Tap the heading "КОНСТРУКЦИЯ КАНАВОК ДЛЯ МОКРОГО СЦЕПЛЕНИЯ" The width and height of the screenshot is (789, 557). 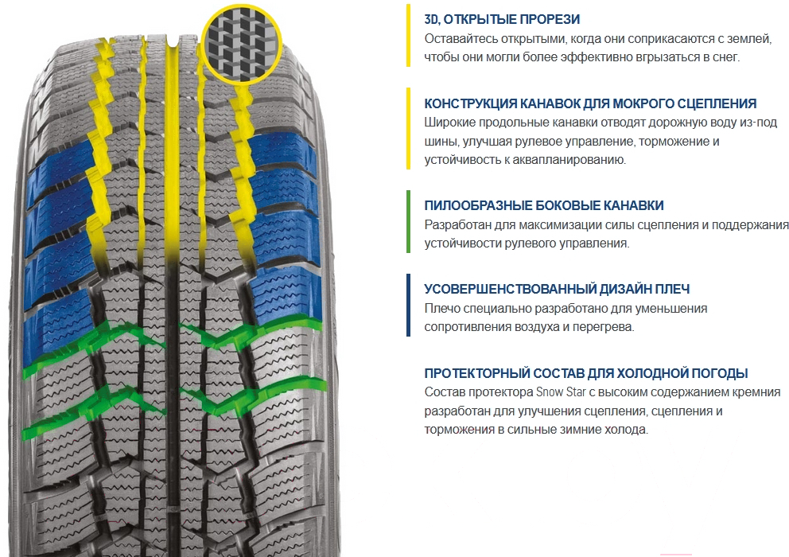coord(590,103)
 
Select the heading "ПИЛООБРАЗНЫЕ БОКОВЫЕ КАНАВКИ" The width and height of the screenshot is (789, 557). coord(544,205)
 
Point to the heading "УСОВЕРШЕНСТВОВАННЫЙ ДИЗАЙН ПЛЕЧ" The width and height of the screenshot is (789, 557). coord(557,289)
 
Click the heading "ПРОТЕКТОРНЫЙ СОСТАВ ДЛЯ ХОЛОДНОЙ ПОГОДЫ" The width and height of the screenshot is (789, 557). coord(586,373)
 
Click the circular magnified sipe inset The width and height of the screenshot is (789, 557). coord(242,45)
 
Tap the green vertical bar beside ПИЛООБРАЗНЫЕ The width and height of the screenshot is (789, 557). coord(409,221)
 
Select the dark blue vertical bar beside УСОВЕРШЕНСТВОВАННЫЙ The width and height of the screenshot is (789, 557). coord(409,306)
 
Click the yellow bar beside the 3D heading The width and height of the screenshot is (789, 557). coord(409,35)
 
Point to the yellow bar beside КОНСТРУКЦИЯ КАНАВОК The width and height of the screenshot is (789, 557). coord(409,128)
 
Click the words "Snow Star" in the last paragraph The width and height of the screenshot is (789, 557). coord(561,391)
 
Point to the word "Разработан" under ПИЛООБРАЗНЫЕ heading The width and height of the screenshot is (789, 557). coord(457,224)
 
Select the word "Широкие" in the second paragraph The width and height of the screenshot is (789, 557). coord(449,123)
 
